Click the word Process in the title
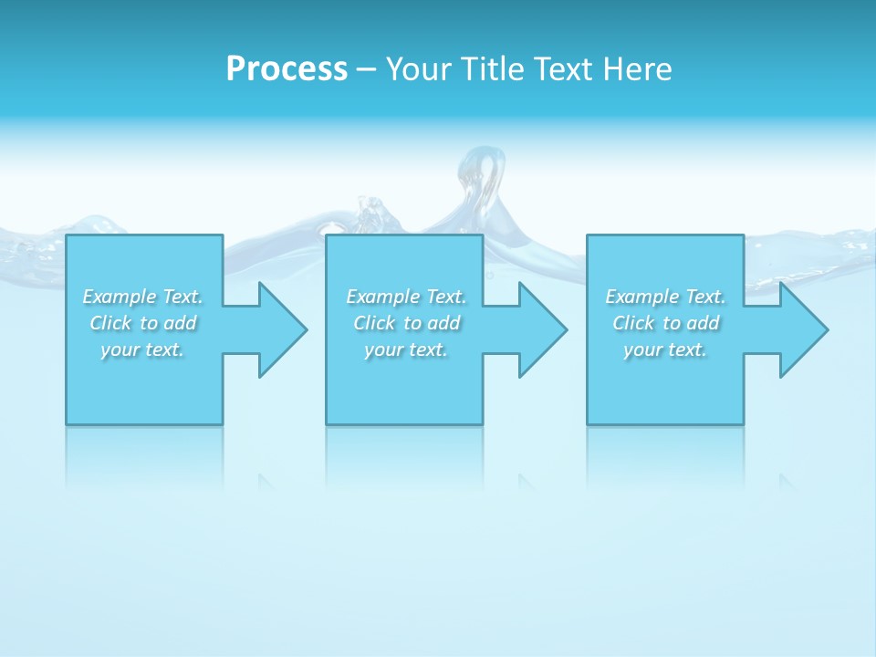coord(287,69)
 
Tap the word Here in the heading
coord(637,69)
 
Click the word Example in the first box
coord(120,297)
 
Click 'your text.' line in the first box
coord(142,349)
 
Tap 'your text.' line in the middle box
coord(406,349)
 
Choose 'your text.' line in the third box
coord(665,349)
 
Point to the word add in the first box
coord(180,323)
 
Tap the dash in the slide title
coord(366,69)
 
